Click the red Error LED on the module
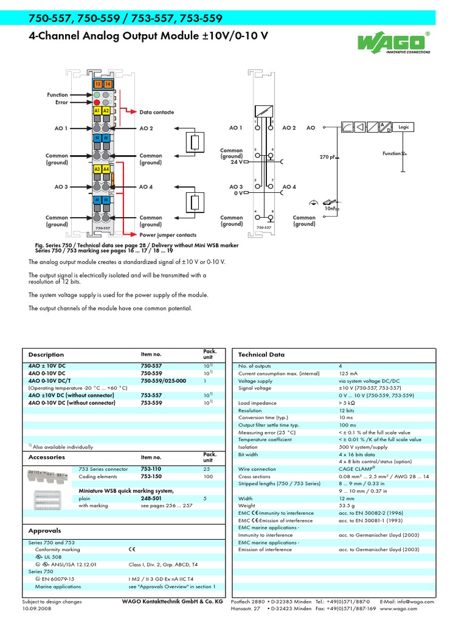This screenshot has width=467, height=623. click(97, 103)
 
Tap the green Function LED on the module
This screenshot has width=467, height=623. click(97, 96)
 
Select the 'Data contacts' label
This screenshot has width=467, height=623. click(156, 113)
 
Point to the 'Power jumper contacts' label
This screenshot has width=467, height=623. click(168, 235)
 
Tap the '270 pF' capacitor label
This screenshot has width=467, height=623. click(328, 157)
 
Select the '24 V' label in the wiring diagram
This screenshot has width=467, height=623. click(236, 162)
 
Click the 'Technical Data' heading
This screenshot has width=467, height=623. click(261, 355)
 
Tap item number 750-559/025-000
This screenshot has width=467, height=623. click(163, 381)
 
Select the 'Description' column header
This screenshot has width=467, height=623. click(46, 355)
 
